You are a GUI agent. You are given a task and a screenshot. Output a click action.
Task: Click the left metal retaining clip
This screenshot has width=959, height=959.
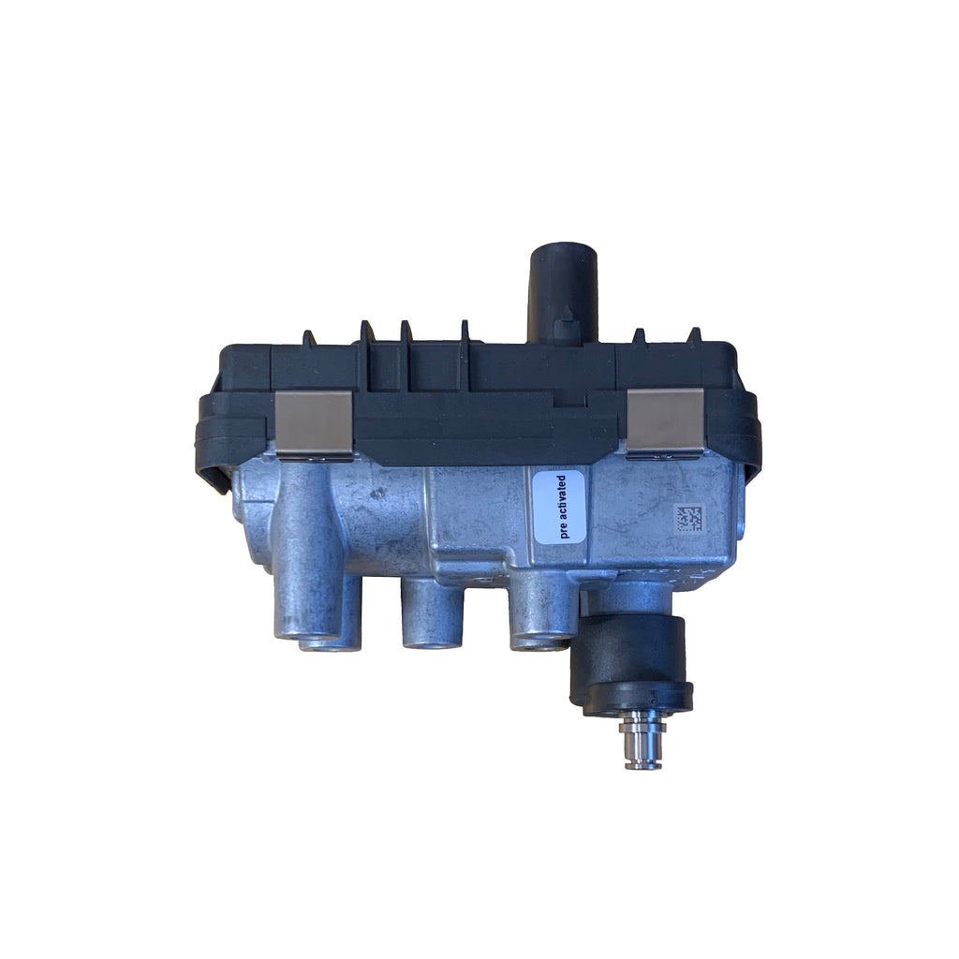(314, 423)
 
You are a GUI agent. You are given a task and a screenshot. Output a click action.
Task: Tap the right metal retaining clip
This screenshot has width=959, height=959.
(664, 422)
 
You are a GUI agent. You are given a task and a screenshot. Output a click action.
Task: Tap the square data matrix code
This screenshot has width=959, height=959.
(689, 519)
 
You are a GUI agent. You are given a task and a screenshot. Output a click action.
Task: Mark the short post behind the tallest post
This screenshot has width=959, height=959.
(341, 623)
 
